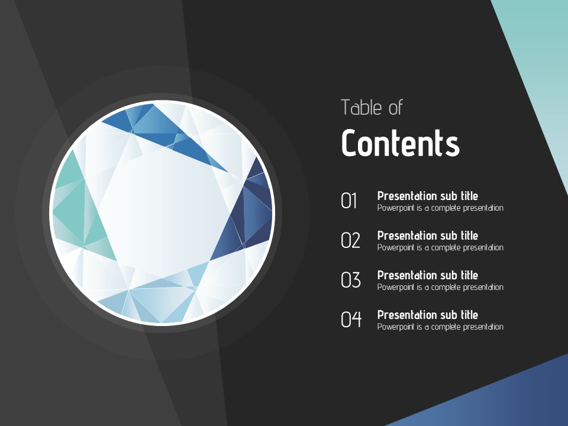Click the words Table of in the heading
coord(372,108)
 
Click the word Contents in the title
coord(401,143)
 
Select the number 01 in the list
coord(349,201)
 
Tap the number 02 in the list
coord(350,240)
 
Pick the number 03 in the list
coord(351,280)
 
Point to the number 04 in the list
coord(351,319)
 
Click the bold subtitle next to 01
coord(427,196)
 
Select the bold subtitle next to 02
coord(427,235)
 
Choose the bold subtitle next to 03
coord(427,275)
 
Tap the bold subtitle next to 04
coord(427,315)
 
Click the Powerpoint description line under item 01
coord(440,208)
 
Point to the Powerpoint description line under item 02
coord(440,247)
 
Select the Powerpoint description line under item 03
coord(440,288)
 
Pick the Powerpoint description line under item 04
coord(440,327)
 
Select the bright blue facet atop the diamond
coord(163,134)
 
